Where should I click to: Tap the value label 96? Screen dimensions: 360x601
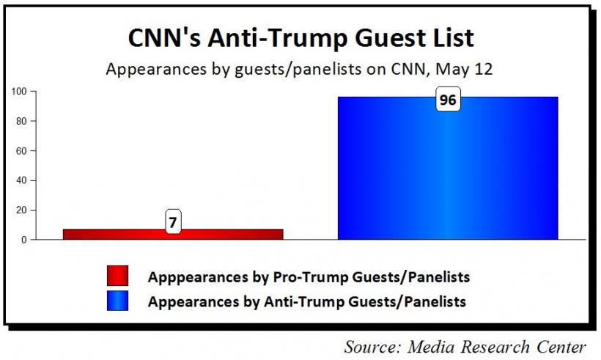(448, 100)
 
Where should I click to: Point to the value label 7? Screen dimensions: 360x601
(173, 221)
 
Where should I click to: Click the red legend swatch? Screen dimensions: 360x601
(117, 276)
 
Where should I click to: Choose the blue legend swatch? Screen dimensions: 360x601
(117, 300)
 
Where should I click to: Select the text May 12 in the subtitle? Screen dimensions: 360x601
(471, 69)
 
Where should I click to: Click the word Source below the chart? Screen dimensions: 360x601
(372, 345)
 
